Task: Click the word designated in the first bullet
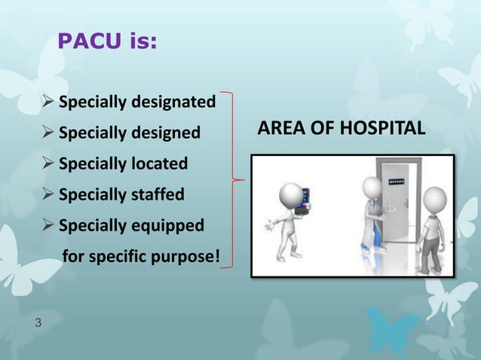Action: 176,102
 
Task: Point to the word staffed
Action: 158,195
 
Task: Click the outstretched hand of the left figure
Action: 268,224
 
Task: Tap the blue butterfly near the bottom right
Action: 393,331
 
